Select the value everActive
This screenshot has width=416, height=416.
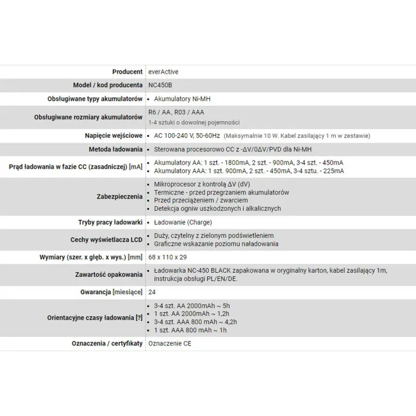tap(164, 72)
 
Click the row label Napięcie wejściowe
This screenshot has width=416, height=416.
tap(112, 136)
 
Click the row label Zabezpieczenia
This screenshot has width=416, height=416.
tap(119, 196)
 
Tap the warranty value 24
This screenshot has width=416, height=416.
tap(152, 293)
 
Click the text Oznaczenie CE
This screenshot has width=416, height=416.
tap(171, 343)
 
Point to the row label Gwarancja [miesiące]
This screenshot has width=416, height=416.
tap(111, 293)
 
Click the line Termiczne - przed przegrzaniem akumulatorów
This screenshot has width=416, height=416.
tap(221, 193)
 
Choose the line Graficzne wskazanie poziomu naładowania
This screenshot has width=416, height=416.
tap(216, 244)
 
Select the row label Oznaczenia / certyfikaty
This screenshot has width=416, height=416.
tap(103, 343)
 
